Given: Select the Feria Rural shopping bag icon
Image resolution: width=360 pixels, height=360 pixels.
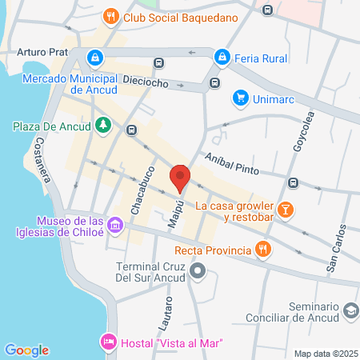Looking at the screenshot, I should tap(222, 57).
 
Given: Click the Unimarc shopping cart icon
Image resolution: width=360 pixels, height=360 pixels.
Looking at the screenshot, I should tap(239, 98).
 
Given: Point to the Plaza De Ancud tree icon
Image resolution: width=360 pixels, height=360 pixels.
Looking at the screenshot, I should tap(102, 125).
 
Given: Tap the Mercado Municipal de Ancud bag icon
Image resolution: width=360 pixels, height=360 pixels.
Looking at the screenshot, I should tap(95, 58).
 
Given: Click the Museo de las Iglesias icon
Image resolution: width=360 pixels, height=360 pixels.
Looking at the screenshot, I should tap(116, 226).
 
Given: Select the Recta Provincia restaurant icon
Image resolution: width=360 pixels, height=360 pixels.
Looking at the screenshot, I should tap(261, 249).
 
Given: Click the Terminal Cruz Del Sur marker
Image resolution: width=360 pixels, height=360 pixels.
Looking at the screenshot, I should tap(199, 274).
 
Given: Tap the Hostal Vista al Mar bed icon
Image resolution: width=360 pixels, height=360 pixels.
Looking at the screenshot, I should tap(108, 342).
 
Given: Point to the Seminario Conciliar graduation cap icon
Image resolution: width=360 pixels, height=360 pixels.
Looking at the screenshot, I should tap(350, 310).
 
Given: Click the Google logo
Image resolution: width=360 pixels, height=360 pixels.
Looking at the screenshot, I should tap(26, 350).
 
